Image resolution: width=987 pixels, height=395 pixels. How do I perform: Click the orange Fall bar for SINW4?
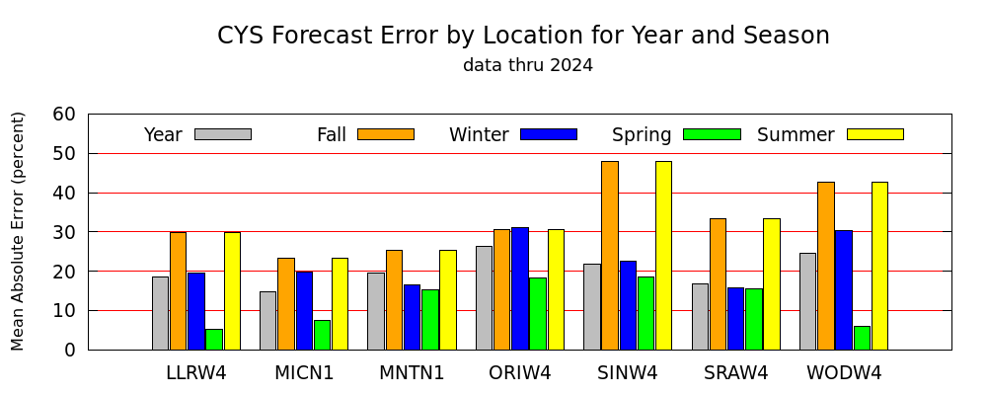610,255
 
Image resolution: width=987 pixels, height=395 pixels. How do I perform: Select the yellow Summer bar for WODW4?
879,266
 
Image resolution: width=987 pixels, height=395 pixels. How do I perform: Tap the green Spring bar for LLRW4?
214,340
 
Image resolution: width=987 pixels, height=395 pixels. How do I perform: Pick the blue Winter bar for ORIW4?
520,288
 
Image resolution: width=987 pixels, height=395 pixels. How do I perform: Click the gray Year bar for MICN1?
267,321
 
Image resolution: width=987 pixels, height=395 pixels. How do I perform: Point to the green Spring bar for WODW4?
862,338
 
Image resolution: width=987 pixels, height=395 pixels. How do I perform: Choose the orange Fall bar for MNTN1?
394,300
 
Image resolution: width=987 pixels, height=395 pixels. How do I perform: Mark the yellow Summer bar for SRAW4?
772,284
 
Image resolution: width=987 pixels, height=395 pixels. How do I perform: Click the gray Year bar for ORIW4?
484,298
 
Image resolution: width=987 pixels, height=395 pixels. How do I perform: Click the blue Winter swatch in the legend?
549,134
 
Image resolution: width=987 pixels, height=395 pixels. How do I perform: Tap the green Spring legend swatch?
712,134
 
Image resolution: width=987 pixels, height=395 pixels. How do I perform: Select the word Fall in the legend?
331,135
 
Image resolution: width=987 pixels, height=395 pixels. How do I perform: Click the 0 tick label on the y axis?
70,351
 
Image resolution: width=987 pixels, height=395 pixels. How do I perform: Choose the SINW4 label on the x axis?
628,373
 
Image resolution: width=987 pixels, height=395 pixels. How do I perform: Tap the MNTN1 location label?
412,373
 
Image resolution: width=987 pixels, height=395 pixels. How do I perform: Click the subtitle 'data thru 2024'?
528,65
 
